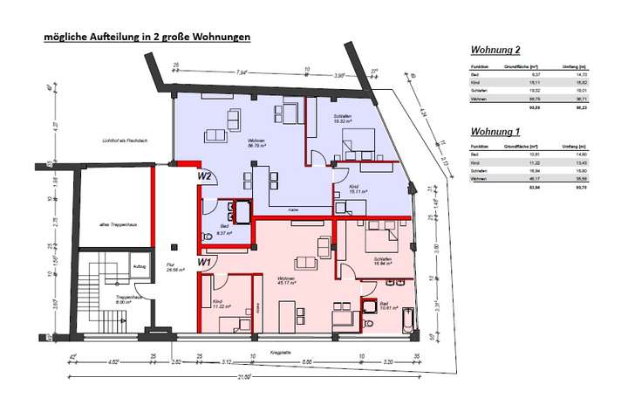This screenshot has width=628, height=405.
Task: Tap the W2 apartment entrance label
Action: pos(205,176)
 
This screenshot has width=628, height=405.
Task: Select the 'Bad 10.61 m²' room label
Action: pos(384,305)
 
